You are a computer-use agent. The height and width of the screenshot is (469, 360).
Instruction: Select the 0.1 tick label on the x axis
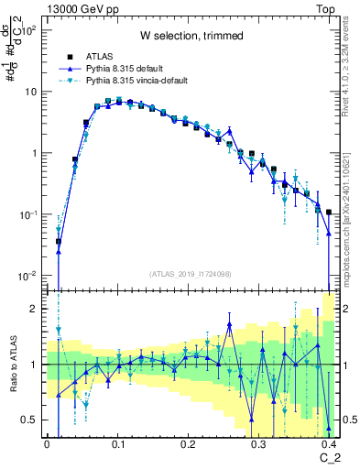117,443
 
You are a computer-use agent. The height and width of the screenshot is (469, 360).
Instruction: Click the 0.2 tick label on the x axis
188,443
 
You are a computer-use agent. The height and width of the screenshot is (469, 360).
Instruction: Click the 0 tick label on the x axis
47,443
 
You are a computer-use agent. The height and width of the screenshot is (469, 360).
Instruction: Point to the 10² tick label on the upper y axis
29,30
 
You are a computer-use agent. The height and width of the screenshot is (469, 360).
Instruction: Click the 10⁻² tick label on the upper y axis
27,275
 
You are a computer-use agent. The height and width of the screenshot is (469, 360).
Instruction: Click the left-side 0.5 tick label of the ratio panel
31,420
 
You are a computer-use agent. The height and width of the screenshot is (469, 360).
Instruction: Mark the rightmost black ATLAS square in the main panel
329,212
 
